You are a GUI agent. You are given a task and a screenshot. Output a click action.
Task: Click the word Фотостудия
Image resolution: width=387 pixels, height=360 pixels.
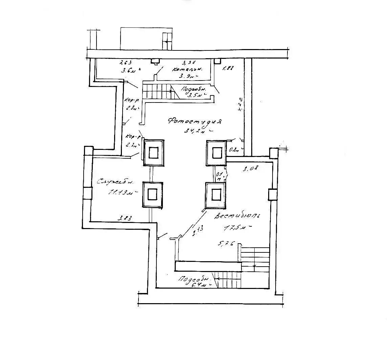[x=194, y=121]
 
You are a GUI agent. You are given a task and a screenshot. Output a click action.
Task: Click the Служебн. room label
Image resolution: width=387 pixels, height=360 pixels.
[x=115, y=182]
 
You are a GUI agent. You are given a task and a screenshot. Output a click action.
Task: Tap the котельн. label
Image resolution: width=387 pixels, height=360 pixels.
[x=187, y=69]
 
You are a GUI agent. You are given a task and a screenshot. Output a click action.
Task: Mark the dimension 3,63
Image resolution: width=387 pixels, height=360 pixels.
[x=126, y=63]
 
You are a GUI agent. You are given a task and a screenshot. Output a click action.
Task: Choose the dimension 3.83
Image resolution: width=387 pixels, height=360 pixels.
[x=124, y=218]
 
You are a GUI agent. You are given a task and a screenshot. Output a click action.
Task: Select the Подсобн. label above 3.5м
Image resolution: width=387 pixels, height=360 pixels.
[x=193, y=89]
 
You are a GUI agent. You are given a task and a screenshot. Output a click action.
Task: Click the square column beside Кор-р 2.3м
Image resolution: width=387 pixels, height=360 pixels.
[x=154, y=153]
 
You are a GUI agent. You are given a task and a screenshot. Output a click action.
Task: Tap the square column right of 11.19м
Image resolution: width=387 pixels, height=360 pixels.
[x=152, y=195]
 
